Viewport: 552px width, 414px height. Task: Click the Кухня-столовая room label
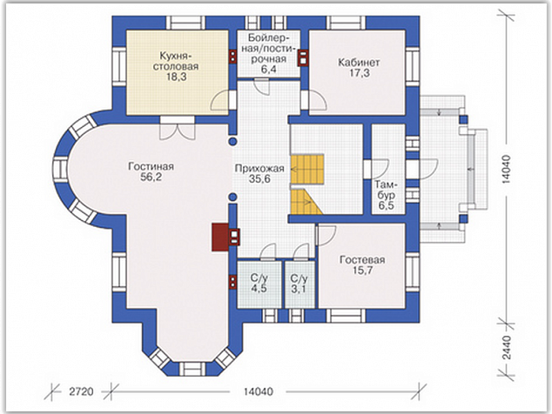pyautogui.click(x=176, y=61)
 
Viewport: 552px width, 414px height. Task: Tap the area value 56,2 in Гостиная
pyautogui.click(x=151, y=177)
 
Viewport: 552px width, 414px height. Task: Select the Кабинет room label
pyautogui.click(x=359, y=63)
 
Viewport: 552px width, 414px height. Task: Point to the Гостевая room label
pyautogui.click(x=362, y=260)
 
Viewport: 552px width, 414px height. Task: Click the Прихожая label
pyautogui.click(x=259, y=169)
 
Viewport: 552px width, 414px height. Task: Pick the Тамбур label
pyautogui.click(x=386, y=190)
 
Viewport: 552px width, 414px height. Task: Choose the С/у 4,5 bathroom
pyautogui.click(x=259, y=284)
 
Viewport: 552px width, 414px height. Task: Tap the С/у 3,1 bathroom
pyautogui.click(x=300, y=284)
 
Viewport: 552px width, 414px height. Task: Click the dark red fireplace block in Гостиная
pyautogui.click(x=220, y=237)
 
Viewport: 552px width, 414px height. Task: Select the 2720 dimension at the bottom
pyautogui.click(x=81, y=391)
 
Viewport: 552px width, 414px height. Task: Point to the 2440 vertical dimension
pyautogui.click(x=506, y=347)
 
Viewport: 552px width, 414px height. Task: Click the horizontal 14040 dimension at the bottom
pyautogui.click(x=258, y=391)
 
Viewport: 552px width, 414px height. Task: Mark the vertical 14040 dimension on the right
pyautogui.click(x=506, y=170)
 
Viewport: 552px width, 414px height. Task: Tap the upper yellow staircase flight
pyautogui.click(x=306, y=169)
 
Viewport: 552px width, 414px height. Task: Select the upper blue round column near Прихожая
pyautogui.click(x=232, y=142)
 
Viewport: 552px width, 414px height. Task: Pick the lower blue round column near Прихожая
pyautogui.click(x=232, y=197)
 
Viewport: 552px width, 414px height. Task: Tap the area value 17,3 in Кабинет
pyautogui.click(x=359, y=73)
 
